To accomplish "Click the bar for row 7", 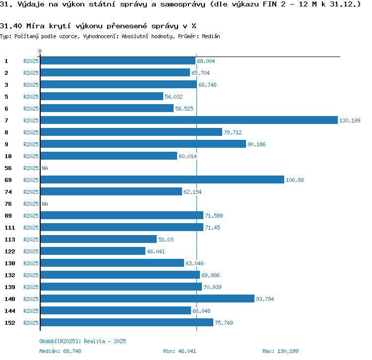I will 188,120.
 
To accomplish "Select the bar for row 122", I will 93,251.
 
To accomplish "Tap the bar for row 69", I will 162,180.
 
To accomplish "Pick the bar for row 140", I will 147,299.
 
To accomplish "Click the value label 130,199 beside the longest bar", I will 350,120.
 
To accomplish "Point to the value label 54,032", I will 174,97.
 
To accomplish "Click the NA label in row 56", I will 45,168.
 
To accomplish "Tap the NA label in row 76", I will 45,204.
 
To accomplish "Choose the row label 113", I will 10,240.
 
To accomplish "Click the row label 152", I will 10,323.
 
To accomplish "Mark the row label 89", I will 8,216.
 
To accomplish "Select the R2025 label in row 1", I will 31,61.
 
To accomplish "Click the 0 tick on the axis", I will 40,51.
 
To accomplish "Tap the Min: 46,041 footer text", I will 180,351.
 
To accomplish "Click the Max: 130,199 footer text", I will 280,351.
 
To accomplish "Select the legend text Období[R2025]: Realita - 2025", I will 82,341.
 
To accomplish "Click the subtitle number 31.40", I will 10,26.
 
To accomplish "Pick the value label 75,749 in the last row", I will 224,323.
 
